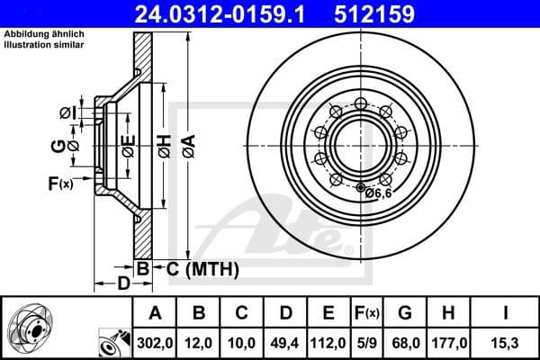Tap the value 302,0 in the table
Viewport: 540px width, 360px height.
tap(155, 342)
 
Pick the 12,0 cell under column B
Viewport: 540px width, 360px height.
tap(200, 342)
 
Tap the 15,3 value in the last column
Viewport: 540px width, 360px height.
tap(505, 342)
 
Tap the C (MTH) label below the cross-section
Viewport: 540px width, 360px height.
tap(195, 268)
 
